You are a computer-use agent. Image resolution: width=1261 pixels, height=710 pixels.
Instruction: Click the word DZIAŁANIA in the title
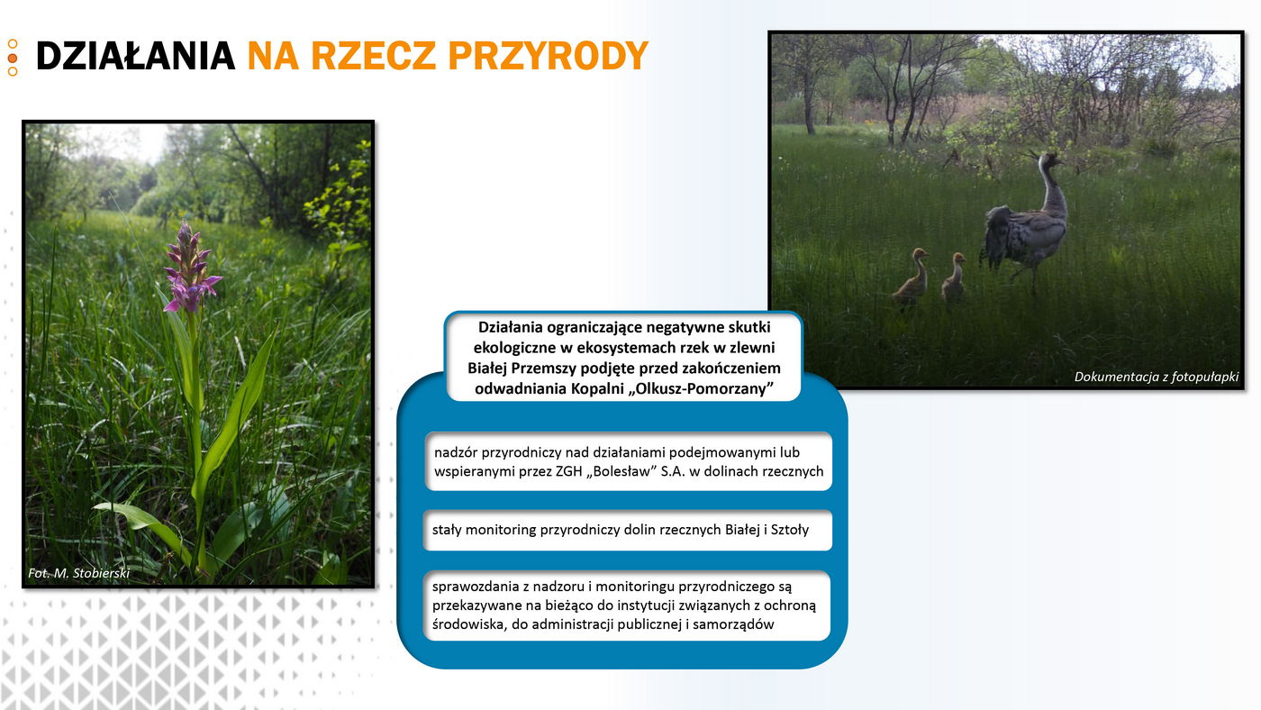click(x=135, y=56)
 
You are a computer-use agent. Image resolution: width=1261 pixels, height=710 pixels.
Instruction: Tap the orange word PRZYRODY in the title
click(x=549, y=56)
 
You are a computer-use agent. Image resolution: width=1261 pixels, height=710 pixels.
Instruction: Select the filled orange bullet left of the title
click(x=13, y=58)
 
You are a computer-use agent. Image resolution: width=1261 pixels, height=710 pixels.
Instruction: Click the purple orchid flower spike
click(x=190, y=268)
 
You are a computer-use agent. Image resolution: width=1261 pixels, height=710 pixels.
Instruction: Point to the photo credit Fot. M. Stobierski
click(x=79, y=573)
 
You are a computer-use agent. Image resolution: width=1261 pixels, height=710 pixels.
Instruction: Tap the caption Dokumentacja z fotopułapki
click(x=1157, y=377)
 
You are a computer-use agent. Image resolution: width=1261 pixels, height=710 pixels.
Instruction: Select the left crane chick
click(x=912, y=276)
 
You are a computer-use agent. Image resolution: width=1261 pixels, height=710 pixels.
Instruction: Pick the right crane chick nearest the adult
click(x=954, y=276)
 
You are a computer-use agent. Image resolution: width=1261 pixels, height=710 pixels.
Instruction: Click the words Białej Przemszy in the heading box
click(x=522, y=369)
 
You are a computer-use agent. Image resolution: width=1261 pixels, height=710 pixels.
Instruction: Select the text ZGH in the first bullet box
click(x=568, y=471)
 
